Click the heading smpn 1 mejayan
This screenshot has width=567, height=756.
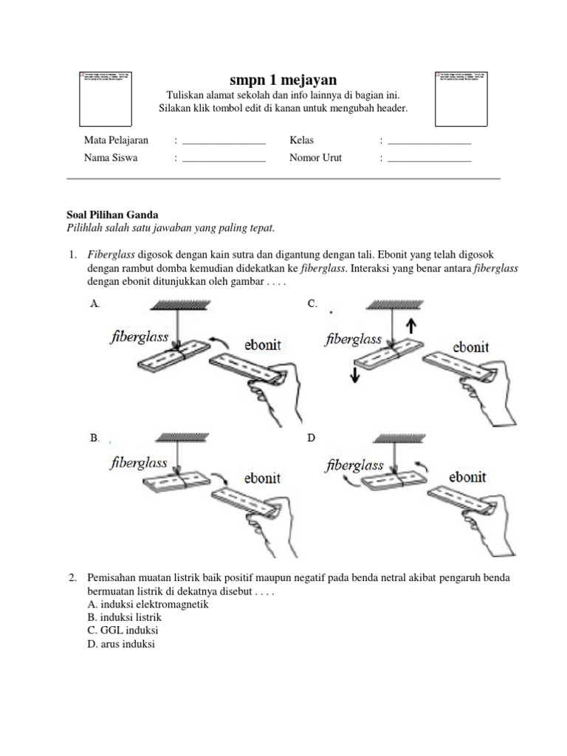[283, 80]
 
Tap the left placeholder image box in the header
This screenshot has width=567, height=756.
[106, 99]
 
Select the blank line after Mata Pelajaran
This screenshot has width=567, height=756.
[224, 141]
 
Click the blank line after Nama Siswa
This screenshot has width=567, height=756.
[224, 159]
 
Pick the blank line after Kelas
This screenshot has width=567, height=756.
[429, 141]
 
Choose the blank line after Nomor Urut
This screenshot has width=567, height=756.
[429, 159]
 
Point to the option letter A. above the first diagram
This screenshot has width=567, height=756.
[94, 303]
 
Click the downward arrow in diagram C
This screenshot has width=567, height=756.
[355, 374]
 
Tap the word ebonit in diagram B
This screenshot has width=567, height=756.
[263, 478]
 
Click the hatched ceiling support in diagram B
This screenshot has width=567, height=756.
[180, 439]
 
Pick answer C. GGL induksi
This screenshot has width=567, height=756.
[123, 630]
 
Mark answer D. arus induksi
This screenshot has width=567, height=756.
[121, 644]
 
